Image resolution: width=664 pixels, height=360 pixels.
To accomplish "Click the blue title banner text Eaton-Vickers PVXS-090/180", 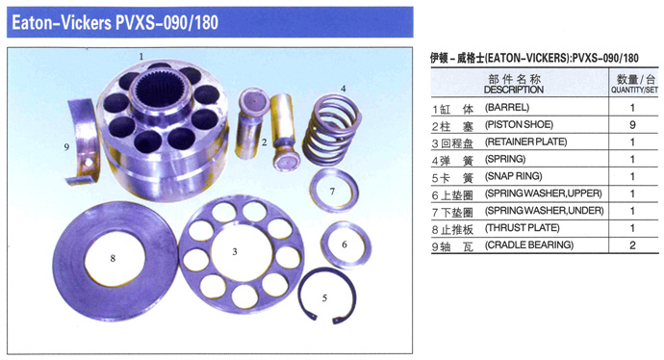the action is click(115, 22).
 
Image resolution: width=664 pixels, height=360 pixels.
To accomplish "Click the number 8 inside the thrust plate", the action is click(113, 258).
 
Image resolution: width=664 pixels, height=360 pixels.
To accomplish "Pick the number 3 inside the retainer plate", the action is click(235, 252).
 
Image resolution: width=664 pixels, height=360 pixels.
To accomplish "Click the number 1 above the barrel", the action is click(141, 57).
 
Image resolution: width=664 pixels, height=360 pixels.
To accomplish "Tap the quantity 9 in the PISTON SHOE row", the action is click(632, 125).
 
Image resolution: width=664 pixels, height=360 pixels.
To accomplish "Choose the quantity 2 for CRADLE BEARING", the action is click(632, 245).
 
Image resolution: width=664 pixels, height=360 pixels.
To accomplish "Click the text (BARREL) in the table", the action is click(507, 108).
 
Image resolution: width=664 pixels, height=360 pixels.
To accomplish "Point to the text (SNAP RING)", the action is click(513, 176).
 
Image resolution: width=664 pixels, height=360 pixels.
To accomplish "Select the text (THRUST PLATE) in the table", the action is click(523, 228).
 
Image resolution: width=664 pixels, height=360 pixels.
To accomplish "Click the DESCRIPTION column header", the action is click(514, 90).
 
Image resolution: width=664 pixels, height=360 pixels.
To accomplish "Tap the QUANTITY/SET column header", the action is click(634, 90).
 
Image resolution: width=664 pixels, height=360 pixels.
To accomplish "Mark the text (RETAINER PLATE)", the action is click(526, 141).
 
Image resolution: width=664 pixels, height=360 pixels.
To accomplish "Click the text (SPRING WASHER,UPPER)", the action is click(544, 193).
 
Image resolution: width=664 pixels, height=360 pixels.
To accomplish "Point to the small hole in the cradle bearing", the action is click(89, 163).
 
